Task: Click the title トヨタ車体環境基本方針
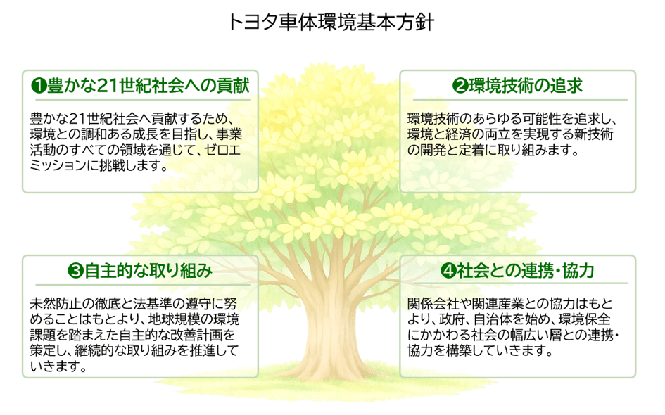[332, 22]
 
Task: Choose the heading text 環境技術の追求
[525, 86]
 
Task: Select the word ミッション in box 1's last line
[58, 167]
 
